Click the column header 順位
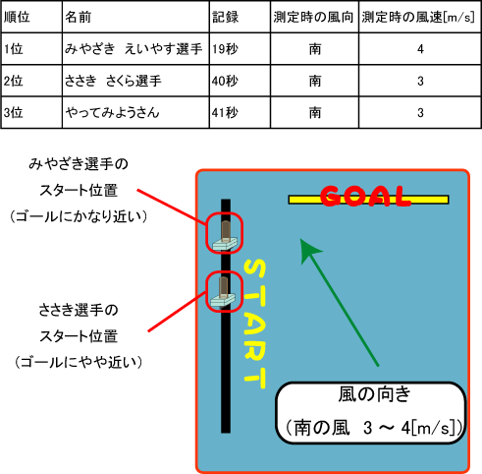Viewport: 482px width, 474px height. tap(17, 17)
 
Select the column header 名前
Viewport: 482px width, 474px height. tap(78, 17)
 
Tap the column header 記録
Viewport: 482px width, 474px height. tap(225, 17)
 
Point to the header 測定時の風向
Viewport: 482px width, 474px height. tap(313, 17)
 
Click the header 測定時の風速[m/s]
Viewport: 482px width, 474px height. tap(418, 17)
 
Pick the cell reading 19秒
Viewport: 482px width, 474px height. tap(225, 49)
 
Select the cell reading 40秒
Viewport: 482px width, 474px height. tap(225, 81)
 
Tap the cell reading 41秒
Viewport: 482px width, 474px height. tap(225, 113)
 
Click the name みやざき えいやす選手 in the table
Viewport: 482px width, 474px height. tap(134, 49)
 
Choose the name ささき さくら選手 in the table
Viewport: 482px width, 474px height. tap(113, 81)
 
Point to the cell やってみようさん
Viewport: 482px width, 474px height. tap(112, 113)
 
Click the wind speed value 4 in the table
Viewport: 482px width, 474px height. tap(420, 49)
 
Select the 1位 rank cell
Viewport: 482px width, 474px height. tap(13, 49)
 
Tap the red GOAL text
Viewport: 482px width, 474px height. tap(365, 196)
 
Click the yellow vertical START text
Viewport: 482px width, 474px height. tap(255, 324)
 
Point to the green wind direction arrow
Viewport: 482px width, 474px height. tap(340, 302)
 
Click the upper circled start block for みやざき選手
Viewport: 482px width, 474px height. tap(225, 233)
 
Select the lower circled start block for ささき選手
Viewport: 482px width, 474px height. tap(225, 291)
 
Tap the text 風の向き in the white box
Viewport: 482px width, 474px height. tap(374, 394)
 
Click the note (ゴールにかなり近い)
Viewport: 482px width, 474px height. tap(79, 216)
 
